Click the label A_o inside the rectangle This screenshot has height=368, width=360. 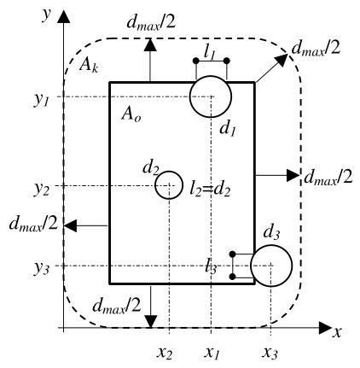(x=131, y=115)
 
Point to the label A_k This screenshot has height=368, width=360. (x=89, y=66)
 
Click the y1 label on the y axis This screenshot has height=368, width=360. (x=42, y=100)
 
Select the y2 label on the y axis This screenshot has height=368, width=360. (x=42, y=190)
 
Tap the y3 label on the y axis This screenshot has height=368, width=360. (x=42, y=269)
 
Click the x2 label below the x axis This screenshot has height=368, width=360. (x=165, y=353)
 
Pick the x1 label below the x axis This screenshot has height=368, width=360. (x=212, y=353)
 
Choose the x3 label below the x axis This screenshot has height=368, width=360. (x=270, y=353)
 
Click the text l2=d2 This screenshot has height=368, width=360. (x=210, y=190)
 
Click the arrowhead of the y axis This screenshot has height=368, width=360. (x=63, y=16)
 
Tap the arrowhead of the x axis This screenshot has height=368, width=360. (x=326, y=328)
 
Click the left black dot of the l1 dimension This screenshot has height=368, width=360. (x=195, y=61)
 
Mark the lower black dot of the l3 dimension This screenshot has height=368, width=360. (x=232, y=277)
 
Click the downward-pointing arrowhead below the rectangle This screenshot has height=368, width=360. (x=150, y=322)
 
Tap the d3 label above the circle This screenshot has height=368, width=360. (x=272, y=233)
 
